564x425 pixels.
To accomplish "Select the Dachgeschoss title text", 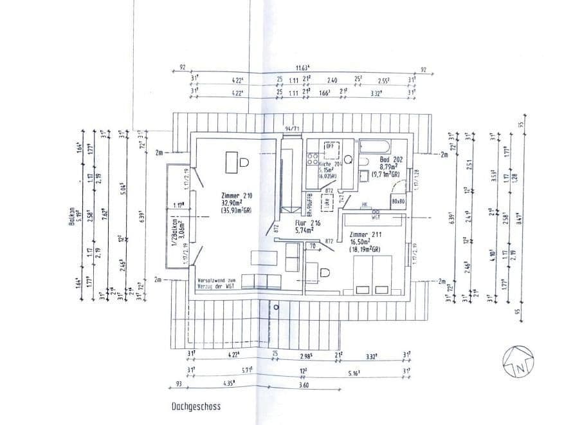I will click(x=196, y=406).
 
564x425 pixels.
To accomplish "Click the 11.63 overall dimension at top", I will click(x=302, y=67).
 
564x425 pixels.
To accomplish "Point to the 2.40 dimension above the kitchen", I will click(x=332, y=80).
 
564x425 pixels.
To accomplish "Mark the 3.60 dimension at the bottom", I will click(x=305, y=384).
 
